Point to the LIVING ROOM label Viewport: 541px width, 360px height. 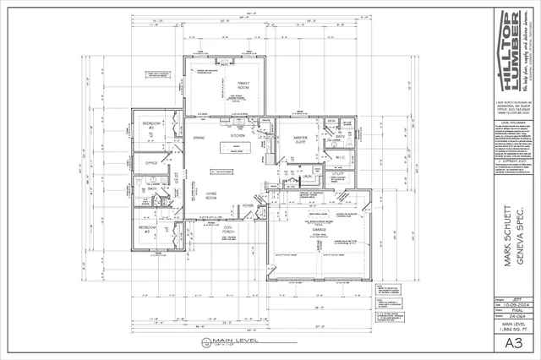coord(212,194)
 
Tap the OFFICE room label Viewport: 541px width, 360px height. coord(152,162)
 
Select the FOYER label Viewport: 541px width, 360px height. coord(249,205)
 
